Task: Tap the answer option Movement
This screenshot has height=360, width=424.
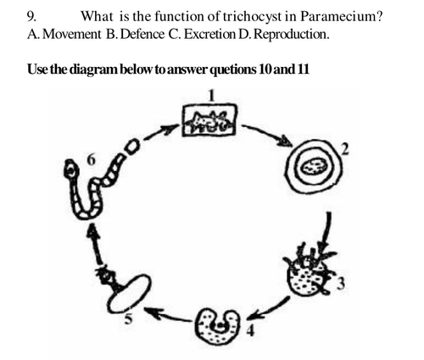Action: (x=73, y=35)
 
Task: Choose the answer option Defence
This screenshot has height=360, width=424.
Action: (x=143, y=35)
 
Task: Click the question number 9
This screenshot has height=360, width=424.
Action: (x=31, y=17)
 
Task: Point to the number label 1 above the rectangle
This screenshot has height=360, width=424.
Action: (x=212, y=95)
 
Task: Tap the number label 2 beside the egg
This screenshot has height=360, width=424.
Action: (x=345, y=149)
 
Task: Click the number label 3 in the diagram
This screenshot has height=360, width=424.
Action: (x=341, y=284)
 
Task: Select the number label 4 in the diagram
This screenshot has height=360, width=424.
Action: (x=250, y=330)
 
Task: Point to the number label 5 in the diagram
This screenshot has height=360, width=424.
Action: (x=129, y=319)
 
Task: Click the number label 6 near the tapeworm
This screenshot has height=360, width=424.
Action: (x=91, y=159)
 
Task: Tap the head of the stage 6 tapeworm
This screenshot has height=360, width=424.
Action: (x=71, y=169)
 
